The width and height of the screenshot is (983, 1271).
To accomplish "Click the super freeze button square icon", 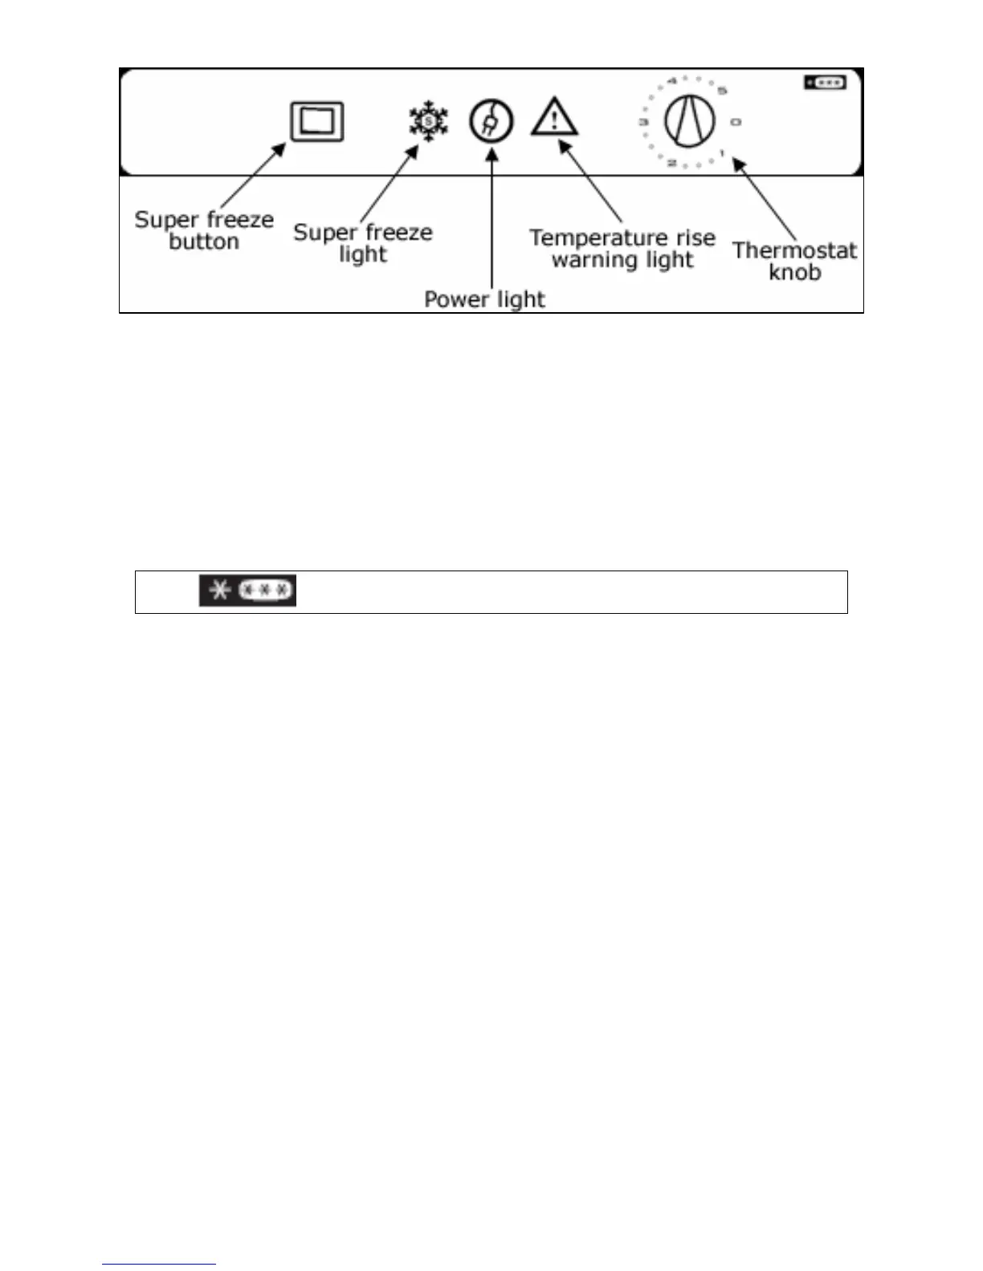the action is (317, 121).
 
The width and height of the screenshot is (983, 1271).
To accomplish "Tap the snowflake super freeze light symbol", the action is (428, 121).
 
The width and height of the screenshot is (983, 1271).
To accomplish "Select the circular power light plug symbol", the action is (491, 122).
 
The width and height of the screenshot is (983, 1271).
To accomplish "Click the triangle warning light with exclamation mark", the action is (554, 118).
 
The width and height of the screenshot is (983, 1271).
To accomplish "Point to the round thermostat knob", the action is (689, 122).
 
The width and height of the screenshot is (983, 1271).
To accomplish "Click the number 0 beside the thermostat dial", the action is (736, 122).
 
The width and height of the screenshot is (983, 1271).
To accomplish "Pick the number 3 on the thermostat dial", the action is (643, 122).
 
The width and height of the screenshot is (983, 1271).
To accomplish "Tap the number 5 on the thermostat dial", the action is (722, 90).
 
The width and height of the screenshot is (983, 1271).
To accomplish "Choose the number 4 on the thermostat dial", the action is (672, 80).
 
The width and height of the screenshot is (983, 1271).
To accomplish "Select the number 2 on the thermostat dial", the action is (671, 164).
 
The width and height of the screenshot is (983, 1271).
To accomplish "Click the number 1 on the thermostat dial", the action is (722, 153).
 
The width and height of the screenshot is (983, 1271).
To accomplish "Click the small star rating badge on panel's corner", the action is (825, 83).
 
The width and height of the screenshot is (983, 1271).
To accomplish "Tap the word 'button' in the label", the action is (204, 242).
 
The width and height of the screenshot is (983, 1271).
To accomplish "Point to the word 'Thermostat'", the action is (794, 250).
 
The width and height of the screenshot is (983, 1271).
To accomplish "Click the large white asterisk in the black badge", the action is (219, 591).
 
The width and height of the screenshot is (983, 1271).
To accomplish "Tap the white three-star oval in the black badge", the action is (267, 591).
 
